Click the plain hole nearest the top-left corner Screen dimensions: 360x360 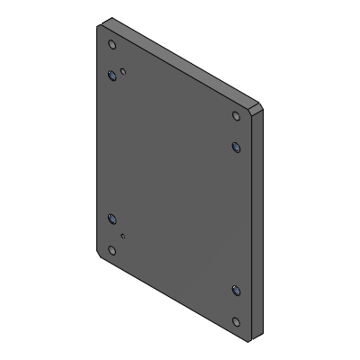pos(112,44)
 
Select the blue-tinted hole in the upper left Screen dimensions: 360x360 pos(112,76)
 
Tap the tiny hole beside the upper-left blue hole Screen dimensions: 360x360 pos(123,70)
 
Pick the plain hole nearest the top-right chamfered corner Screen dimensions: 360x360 pos(237,116)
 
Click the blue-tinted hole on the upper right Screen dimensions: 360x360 pos(237,146)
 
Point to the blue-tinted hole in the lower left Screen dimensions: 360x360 pos(112,219)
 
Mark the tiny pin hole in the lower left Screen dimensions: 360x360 pos(123,237)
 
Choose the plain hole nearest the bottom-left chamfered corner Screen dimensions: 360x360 pos(112,250)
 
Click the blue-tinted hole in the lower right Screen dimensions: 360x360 pos(236,290)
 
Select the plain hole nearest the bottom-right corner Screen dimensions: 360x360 pos(237,321)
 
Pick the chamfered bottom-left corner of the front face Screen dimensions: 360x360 pos(99,256)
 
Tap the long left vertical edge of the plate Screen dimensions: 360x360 pos(95,144)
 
